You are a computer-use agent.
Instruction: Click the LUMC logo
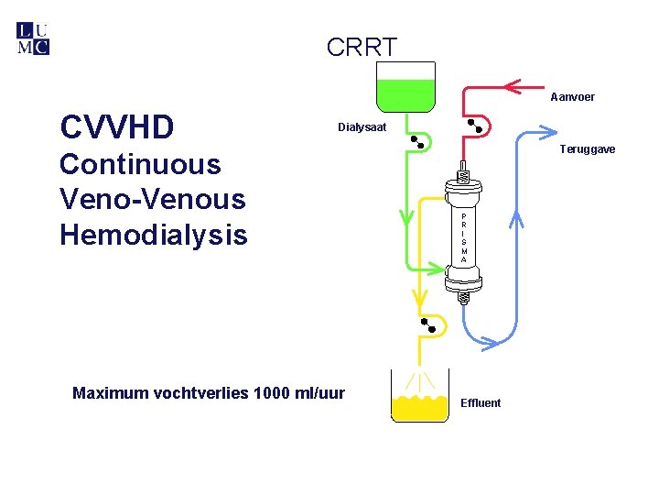pos(33,38)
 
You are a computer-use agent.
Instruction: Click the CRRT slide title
pos(362,47)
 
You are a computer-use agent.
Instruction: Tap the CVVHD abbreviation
pos(116,127)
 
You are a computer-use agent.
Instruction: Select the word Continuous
pos(140,165)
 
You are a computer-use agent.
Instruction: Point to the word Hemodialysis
pos(153,235)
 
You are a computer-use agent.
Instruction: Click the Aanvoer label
pos(572,97)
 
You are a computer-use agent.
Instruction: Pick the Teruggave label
pos(587,149)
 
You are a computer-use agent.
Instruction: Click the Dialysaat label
pos(362,127)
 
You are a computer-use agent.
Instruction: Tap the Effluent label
pos(481,403)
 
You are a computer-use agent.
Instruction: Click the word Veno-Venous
pos(153,199)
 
